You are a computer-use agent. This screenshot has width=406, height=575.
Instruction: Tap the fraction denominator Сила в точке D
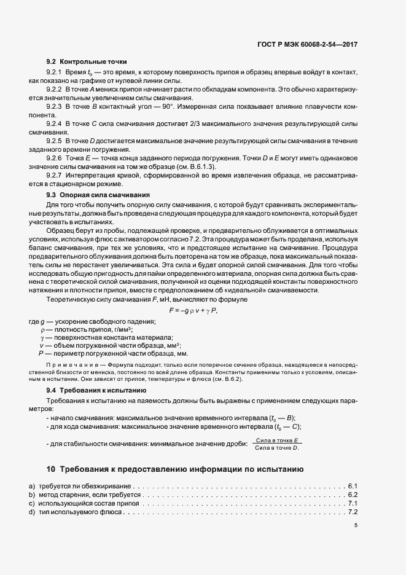[x=277, y=448]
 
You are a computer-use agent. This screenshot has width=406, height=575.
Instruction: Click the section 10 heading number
[x=51, y=470]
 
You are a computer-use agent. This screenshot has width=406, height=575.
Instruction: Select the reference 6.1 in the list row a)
[x=353, y=487]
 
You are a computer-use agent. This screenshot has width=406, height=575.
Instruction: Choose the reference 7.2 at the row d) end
[x=353, y=512]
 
